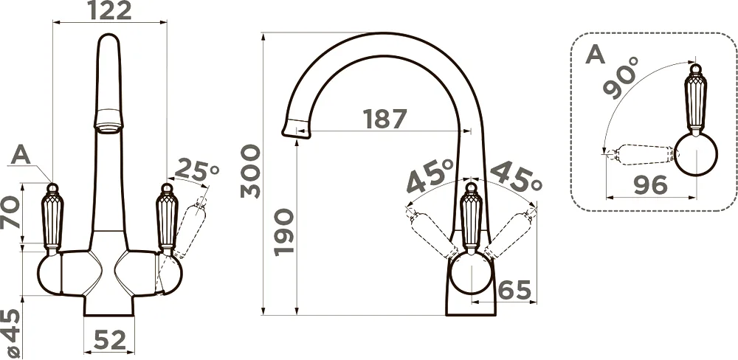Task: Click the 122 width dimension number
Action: tap(110, 11)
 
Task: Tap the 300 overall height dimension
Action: tap(250, 171)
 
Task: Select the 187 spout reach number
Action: tap(384, 119)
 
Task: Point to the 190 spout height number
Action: tap(284, 232)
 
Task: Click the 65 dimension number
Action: tap(514, 290)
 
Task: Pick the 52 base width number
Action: tap(110, 340)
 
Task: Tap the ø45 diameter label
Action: tap(10, 333)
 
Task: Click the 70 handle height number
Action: tap(10, 212)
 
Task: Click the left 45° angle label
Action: tap(430, 176)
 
